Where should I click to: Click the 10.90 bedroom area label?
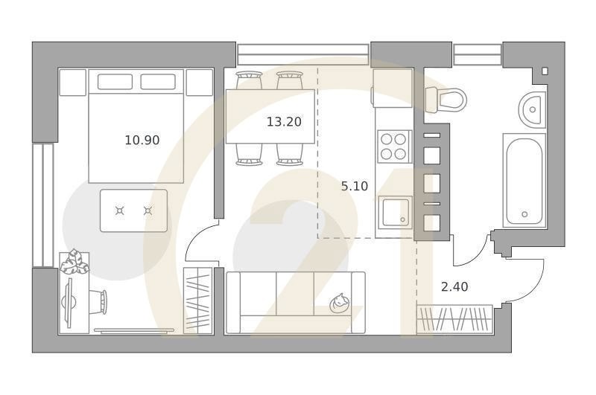[142, 141]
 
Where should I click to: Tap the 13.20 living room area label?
[284, 122]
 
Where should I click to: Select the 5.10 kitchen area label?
[355, 186]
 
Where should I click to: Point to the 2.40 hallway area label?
[454, 286]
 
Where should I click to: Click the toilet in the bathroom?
[446, 100]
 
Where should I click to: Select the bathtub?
[524, 180]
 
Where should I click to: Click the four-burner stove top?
[394, 147]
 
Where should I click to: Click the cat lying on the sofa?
[340, 303]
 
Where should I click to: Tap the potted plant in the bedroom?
[74, 261]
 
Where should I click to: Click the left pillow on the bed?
[115, 82]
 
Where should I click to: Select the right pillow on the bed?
[158, 82]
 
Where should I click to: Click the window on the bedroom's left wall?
[42, 205]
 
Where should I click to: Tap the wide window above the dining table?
[303, 54]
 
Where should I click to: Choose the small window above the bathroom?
[478, 54]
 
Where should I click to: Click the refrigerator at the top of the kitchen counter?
[393, 88]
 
